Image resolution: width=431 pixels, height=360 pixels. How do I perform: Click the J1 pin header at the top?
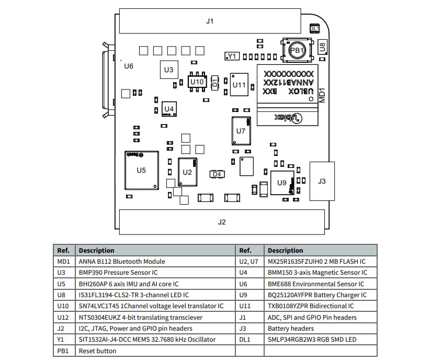(x=210, y=21)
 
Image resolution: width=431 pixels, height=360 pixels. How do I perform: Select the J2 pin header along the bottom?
(x=222, y=222)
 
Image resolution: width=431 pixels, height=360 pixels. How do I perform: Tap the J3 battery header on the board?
(x=322, y=181)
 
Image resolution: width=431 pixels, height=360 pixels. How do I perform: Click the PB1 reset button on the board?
(x=297, y=50)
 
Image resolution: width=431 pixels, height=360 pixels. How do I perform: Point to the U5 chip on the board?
(x=141, y=170)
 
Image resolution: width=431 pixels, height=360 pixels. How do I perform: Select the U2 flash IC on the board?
(x=188, y=172)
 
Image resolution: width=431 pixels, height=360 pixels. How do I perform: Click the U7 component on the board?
(x=241, y=131)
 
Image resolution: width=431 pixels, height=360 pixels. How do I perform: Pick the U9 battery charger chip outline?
(x=282, y=183)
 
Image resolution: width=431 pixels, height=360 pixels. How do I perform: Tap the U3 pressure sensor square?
(x=168, y=70)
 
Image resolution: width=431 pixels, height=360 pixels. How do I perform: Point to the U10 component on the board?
(x=197, y=82)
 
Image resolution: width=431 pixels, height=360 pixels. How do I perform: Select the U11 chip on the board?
(x=239, y=84)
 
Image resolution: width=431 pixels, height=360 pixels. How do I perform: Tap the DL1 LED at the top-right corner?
(x=315, y=29)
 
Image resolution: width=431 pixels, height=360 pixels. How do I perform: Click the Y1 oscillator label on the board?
(x=232, y=56)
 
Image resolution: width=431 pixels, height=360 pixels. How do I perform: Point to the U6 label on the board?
(x=128, y=66)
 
